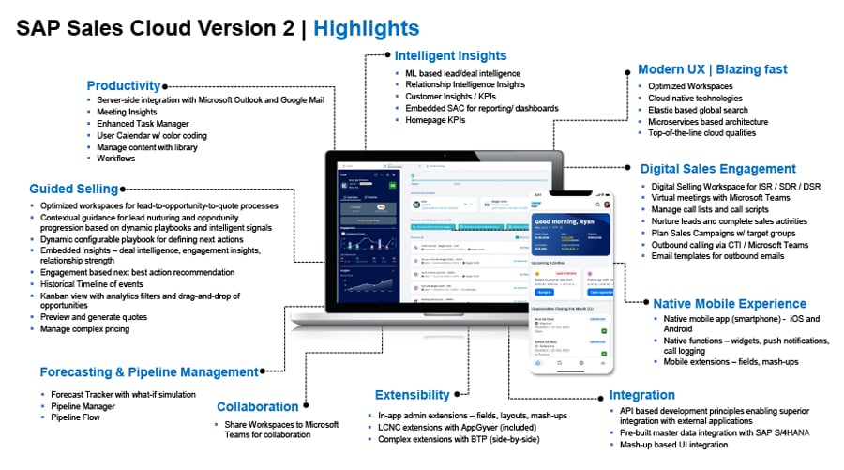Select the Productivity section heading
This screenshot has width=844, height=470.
click(x=124, y=85)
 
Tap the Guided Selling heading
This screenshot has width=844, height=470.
click(x=73, y=189)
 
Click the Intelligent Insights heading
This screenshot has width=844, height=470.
click(x=450, y=55)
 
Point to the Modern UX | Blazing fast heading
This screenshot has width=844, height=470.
click(x=712, y=69)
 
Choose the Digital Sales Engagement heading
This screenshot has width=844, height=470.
click(x=717, y=169)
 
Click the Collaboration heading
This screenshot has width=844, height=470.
click(x=258, y=407)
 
